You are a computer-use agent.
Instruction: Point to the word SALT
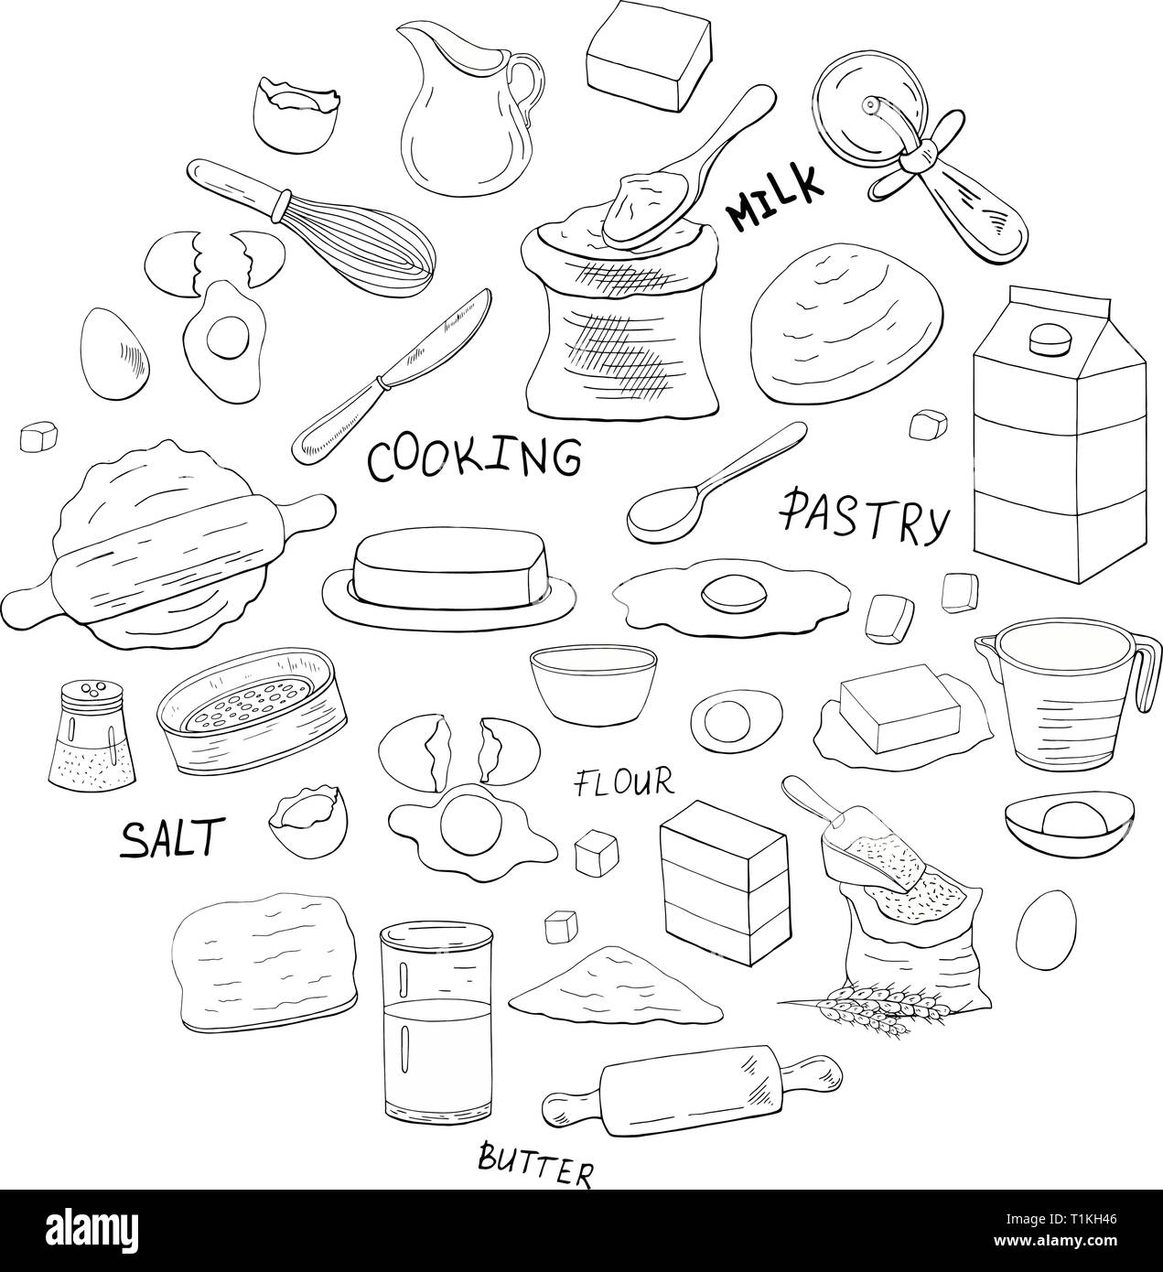coord(173,837)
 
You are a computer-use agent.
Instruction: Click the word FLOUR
coord(624,783)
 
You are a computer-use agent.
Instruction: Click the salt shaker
coord(92,735)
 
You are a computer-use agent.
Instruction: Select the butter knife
coord(392,377)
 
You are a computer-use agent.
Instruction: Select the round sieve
coord(252,711)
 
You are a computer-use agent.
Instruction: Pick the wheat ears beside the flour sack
coord(866,1005)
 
